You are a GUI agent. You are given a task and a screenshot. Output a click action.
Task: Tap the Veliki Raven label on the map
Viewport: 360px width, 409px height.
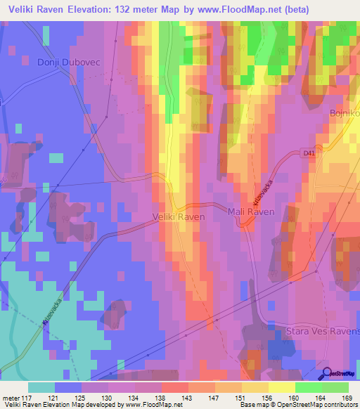point(179,217)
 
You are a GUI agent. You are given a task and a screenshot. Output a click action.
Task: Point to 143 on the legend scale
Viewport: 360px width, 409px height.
point(186,398)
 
